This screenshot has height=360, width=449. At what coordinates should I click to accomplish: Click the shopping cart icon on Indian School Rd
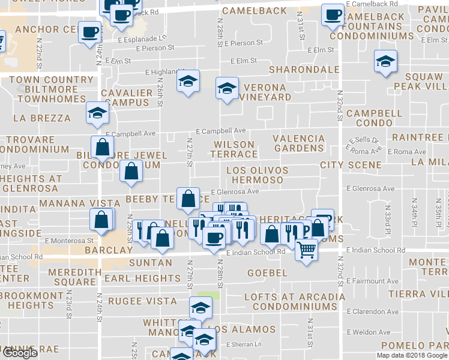307,248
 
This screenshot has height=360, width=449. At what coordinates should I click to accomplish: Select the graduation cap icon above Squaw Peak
385,61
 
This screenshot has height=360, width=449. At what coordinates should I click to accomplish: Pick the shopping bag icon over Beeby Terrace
188,197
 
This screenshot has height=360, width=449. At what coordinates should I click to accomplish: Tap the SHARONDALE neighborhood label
304,70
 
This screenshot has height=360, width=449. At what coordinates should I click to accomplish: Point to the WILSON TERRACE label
234,149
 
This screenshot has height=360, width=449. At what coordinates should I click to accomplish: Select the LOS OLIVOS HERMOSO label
257,175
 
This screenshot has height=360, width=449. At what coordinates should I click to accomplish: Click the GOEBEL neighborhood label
267,273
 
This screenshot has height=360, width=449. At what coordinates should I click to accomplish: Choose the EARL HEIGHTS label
142,278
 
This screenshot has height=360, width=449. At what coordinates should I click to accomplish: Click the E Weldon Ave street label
368,332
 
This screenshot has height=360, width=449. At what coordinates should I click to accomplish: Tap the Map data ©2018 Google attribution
412,355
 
